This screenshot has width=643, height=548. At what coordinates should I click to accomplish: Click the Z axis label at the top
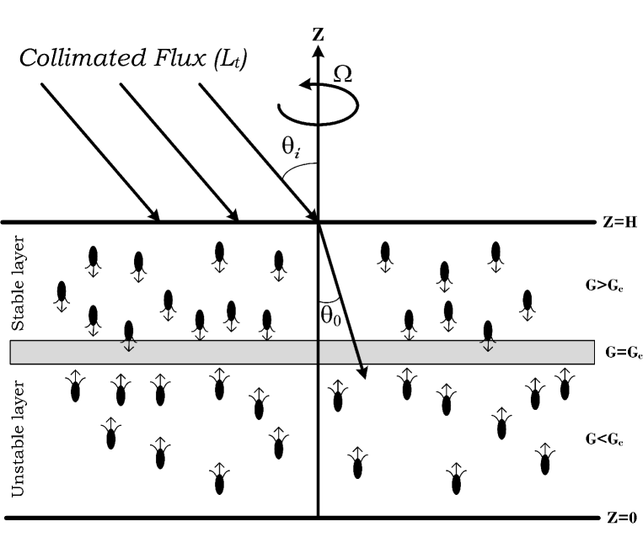pos(319,34)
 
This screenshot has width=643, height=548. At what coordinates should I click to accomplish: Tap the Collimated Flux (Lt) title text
pos(134,60)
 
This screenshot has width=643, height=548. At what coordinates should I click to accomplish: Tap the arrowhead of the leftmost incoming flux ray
pos(157,216)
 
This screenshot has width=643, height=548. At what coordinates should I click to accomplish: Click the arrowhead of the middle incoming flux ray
pos(235,216)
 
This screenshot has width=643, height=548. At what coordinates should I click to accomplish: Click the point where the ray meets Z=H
pos(318,222)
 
